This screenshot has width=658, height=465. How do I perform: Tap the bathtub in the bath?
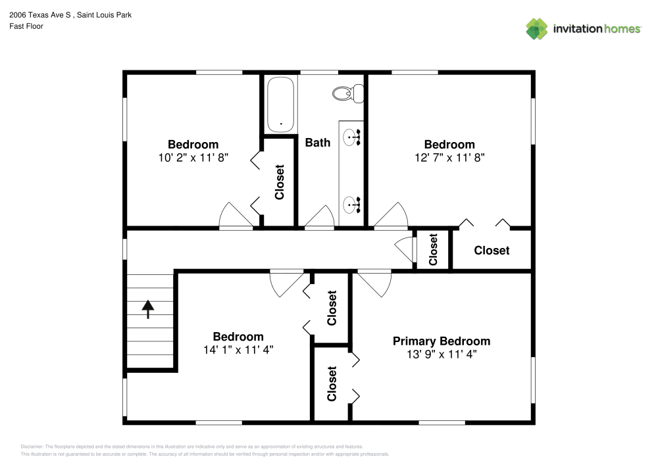coord(281,104)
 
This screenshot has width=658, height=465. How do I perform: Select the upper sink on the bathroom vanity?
coord(351,137)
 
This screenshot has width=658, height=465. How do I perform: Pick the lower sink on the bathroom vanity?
coord(351,204)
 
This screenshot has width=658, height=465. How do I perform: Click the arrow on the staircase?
coord(148,308)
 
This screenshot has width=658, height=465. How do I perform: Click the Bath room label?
coord(318,142)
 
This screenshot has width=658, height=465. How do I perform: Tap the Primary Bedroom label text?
coord(441,341)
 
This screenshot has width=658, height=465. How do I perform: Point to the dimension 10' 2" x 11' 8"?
coord(193,158)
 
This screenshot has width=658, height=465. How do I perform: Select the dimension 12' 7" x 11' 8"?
coord(449,158)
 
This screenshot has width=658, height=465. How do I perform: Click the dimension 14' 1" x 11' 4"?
coord(238,350)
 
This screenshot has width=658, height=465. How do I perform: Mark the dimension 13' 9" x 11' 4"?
coord(441,354)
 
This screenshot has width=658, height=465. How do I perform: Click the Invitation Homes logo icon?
coord(536,28)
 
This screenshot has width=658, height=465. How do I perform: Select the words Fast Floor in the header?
coord(26,26)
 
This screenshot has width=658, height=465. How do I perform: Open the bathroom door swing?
coord(320,217)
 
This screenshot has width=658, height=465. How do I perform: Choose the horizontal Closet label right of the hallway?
coord(492,251)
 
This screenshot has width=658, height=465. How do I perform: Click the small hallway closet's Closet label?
coord(433,250)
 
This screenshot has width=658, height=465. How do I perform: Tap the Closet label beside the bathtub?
coord(280,182)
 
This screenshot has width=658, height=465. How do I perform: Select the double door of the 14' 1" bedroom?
coord(287,281)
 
